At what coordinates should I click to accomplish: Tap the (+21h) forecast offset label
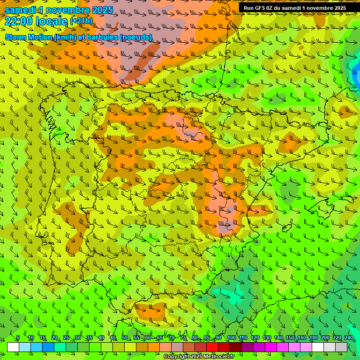[x=81, y=21]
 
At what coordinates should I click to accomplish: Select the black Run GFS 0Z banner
[x=294, y=7]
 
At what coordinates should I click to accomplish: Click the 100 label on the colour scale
[x=231, y=337]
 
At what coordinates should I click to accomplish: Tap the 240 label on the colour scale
[x=349, y=337]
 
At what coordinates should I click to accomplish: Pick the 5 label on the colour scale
[x=18, y=337]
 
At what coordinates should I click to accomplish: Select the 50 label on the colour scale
[x=125, y=337]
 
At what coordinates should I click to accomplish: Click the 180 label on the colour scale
[x=313, y=337]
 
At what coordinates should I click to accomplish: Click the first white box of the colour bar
[x=13, y=347]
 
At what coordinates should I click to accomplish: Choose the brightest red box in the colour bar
[x=212, y=347]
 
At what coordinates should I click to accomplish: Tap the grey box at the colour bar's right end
[x=341, y=347]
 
